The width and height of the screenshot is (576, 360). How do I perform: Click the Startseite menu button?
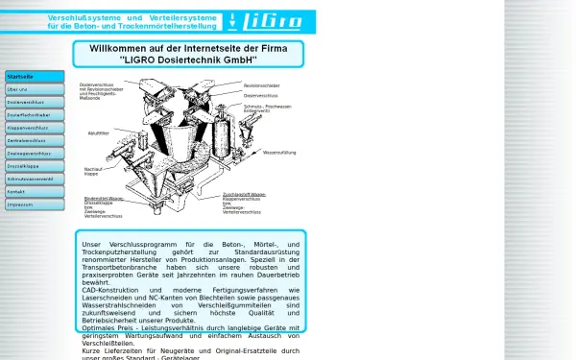pyautogui.click(x=34, y=76)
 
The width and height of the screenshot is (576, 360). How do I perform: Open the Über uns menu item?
pyautogui.click(x=34, y=89)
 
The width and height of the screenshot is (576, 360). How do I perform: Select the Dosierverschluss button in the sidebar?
pyautogui.click(x=34, y=102)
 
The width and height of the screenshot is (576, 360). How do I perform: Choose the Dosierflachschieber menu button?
pyautogui.click(x=34, y=114)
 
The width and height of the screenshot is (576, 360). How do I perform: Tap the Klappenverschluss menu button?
pyautogui.click(x=34, y=127)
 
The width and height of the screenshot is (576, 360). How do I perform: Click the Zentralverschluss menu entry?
pyautogui.click(x=34, y=140)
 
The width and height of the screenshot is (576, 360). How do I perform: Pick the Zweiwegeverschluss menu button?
pyautogui.click(x=34, y=153)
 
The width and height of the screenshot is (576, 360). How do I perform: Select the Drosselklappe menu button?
pyautogui.click(x=34, y=165)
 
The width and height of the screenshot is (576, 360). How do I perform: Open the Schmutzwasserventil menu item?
pyautogui.click(x=34, y=179)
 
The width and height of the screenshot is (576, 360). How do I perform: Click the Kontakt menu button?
pyautogui.click(x=34, y=191)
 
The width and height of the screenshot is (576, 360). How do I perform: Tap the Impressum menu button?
pyautogui.click(x=34, y=204)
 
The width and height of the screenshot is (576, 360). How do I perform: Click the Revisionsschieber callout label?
pyautogui.click(x=262, y=86)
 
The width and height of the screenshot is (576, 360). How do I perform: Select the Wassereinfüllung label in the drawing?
pyautogui.click(x=279, y=153)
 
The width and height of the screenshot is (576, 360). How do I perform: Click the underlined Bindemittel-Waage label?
pyautogui.click(x=104, y=199)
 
